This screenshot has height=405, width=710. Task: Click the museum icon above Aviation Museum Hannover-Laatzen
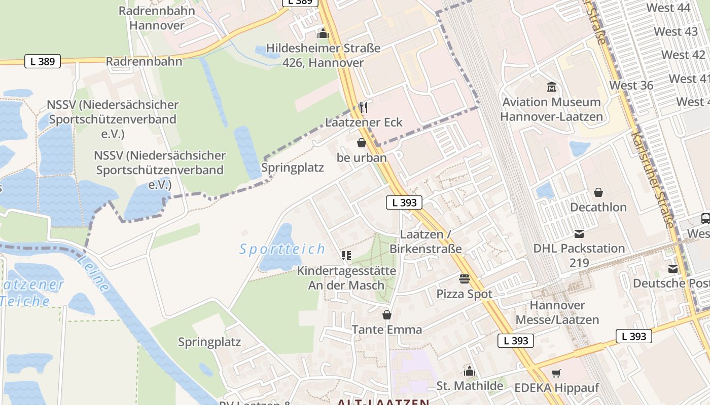coord(552,87)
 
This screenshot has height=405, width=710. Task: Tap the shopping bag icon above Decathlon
coord(598,192)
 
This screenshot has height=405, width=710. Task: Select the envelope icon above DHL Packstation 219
coord(579,233)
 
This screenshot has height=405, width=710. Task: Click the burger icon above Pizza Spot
coord(464,278)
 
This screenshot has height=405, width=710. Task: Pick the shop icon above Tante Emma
coord(387,315)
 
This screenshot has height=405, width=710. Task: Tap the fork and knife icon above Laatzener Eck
coord(363,107)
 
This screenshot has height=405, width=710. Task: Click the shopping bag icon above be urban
coord(362,143)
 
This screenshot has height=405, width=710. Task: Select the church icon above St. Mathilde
coord(470,371)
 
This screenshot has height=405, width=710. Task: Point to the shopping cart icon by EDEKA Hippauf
coord(556,373)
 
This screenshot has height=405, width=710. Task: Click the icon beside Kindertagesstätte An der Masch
coord(346,256)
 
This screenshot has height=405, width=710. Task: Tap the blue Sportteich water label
coord(282,249)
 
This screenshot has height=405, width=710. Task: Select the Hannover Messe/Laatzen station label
coord(557,312)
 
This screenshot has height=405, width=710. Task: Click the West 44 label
coord(668,8)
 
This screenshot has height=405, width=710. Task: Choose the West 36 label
coord(631,85)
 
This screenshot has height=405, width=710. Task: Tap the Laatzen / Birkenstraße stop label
coord(425,241)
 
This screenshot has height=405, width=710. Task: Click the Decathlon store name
coord(598,207)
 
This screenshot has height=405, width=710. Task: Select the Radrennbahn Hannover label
coord(157,18)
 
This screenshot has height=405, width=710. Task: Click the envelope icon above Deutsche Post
coord(673,269)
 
